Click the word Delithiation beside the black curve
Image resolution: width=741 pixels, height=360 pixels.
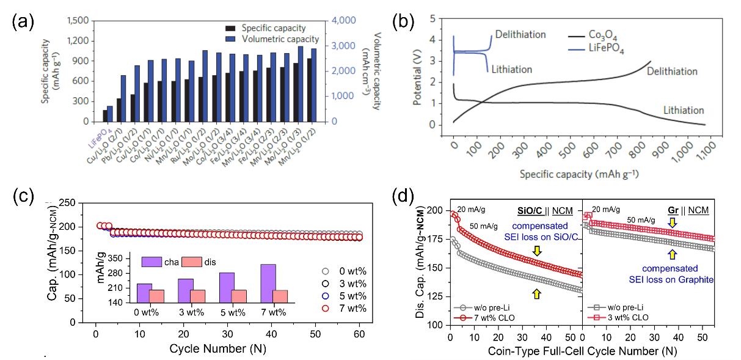(671, 72)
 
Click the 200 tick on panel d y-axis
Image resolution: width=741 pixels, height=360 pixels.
(438, 210)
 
